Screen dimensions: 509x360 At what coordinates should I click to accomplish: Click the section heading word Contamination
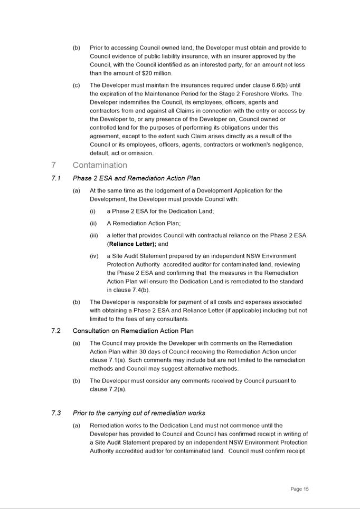(100, 165)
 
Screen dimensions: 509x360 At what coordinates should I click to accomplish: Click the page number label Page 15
(299, 489)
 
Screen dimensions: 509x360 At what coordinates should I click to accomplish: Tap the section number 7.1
(56, 178)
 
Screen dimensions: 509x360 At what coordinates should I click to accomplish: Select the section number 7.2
(56, 331)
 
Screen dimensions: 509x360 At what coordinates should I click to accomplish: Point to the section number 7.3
(56, 413)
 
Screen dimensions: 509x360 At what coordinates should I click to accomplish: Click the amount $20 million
(157, 73)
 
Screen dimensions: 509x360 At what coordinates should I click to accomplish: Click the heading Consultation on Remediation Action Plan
(133, 331)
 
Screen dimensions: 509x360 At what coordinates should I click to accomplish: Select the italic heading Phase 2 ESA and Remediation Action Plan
(136, 178)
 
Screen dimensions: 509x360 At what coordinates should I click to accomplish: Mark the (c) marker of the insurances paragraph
(77, 85)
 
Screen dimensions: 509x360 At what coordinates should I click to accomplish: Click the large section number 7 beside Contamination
(54, 165)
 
